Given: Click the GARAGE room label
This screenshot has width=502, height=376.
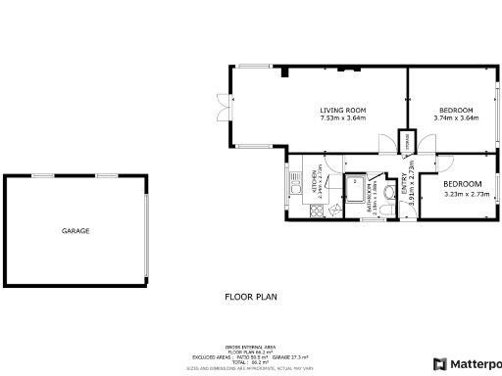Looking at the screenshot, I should (75, 231).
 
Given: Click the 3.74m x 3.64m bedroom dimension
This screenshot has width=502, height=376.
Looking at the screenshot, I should (456, 118).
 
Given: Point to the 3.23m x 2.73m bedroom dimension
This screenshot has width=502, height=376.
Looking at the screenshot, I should (462, 194).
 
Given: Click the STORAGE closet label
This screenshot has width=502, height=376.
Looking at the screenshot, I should (408, 143).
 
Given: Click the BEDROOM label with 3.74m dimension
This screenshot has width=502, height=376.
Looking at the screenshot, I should (456, 110).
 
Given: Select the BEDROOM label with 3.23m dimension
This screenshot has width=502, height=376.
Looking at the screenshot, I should (462, 184).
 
